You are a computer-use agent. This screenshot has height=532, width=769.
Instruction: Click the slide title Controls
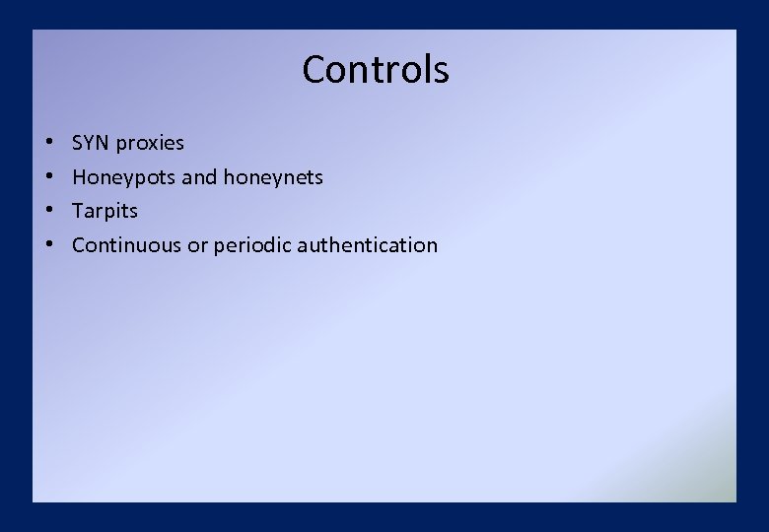[x=376, y=70]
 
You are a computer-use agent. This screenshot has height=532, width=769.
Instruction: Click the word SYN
[x=91, y=143]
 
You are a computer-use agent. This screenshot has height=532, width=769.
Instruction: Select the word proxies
[x=150, y=144]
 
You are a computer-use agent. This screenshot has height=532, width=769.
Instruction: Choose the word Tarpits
[x=105, y=211]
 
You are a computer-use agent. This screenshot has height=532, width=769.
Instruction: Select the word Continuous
[x=127, y=245]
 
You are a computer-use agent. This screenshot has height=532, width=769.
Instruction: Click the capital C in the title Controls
[x=315, y=70]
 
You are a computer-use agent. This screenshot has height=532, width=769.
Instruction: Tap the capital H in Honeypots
[x=79, y=177]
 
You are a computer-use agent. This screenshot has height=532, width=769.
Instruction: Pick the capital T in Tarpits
[x=78, y=211]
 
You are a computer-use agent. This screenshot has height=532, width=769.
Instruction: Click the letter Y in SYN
[x=90, y=143]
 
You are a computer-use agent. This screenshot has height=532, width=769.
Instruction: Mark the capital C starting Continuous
[x=79, y=245]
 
